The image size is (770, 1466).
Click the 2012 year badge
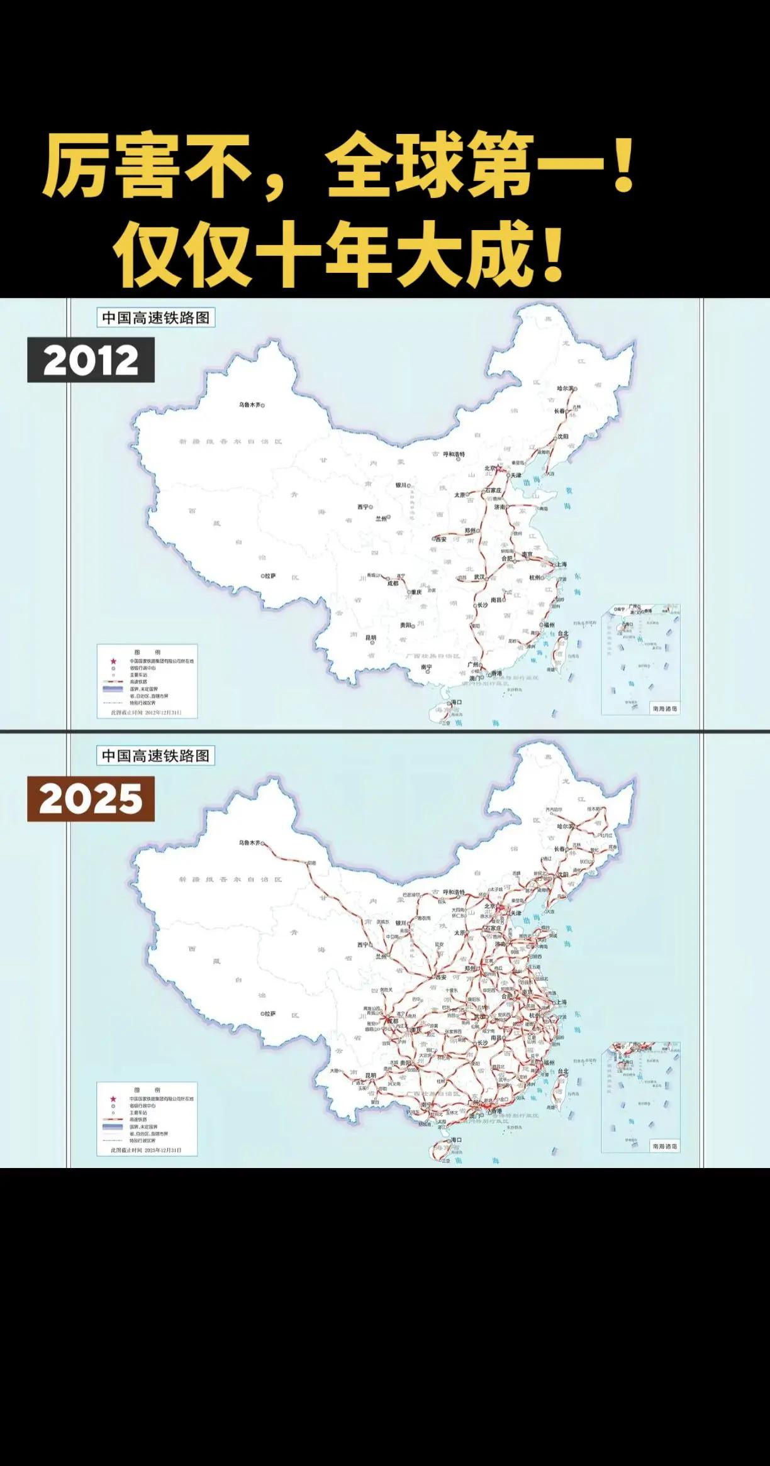(91, 360)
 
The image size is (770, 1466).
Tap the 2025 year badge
(91, 799)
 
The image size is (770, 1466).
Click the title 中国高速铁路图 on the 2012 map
(155, 317)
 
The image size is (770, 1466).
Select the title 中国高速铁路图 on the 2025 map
(155, 756)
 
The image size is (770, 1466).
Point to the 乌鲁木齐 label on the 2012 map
(250, 405)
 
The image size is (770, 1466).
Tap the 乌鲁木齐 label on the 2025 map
(250, 842)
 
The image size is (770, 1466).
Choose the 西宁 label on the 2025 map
(362, 944)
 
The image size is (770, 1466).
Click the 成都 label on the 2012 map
(392, 583)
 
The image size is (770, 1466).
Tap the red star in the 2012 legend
(114, 661)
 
